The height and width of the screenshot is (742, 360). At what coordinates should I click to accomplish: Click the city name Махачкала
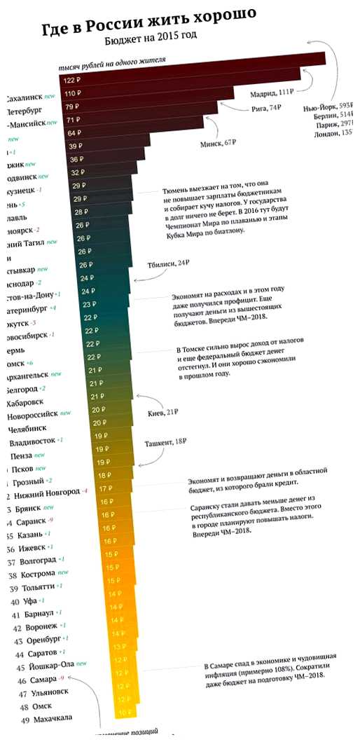click(x=51, y=718)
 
